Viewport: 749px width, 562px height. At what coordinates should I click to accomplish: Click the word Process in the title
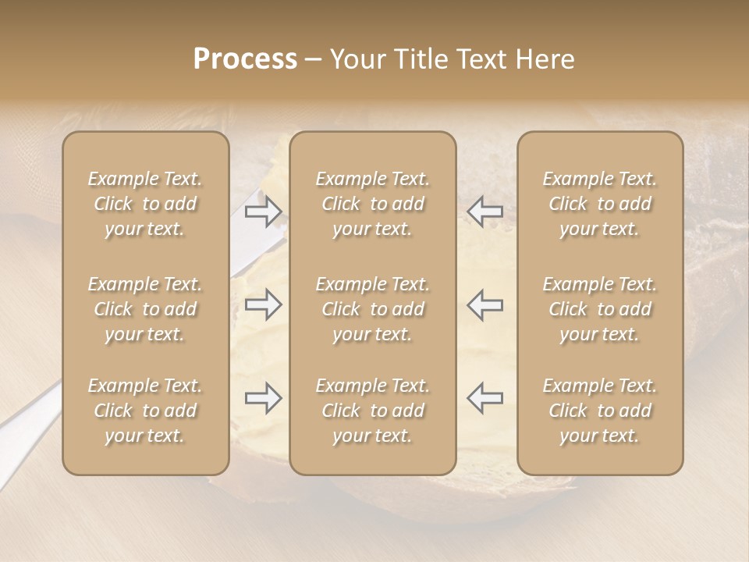245,59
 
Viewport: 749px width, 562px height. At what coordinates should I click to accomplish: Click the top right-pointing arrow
263,211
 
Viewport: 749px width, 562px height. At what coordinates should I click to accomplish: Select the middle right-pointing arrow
263,304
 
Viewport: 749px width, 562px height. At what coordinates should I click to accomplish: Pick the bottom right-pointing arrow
263,398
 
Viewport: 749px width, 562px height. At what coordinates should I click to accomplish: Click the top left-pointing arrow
485,211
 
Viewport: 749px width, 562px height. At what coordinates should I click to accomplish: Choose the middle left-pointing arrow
485,304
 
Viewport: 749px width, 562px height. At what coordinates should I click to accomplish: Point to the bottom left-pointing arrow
485,398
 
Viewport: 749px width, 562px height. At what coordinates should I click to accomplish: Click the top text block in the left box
145,204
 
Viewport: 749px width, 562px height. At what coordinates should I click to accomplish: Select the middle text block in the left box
145,309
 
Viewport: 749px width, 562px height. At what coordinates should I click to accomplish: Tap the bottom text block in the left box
145,411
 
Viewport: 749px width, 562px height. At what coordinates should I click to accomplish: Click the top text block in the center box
373,204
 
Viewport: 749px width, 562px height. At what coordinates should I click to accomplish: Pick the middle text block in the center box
373,309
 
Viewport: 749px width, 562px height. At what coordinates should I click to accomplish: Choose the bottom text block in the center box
373,411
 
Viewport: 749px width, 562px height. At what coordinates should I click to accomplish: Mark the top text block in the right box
600,204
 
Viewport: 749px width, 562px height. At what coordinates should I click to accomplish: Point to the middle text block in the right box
600,309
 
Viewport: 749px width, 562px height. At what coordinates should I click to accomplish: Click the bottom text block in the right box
600,411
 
